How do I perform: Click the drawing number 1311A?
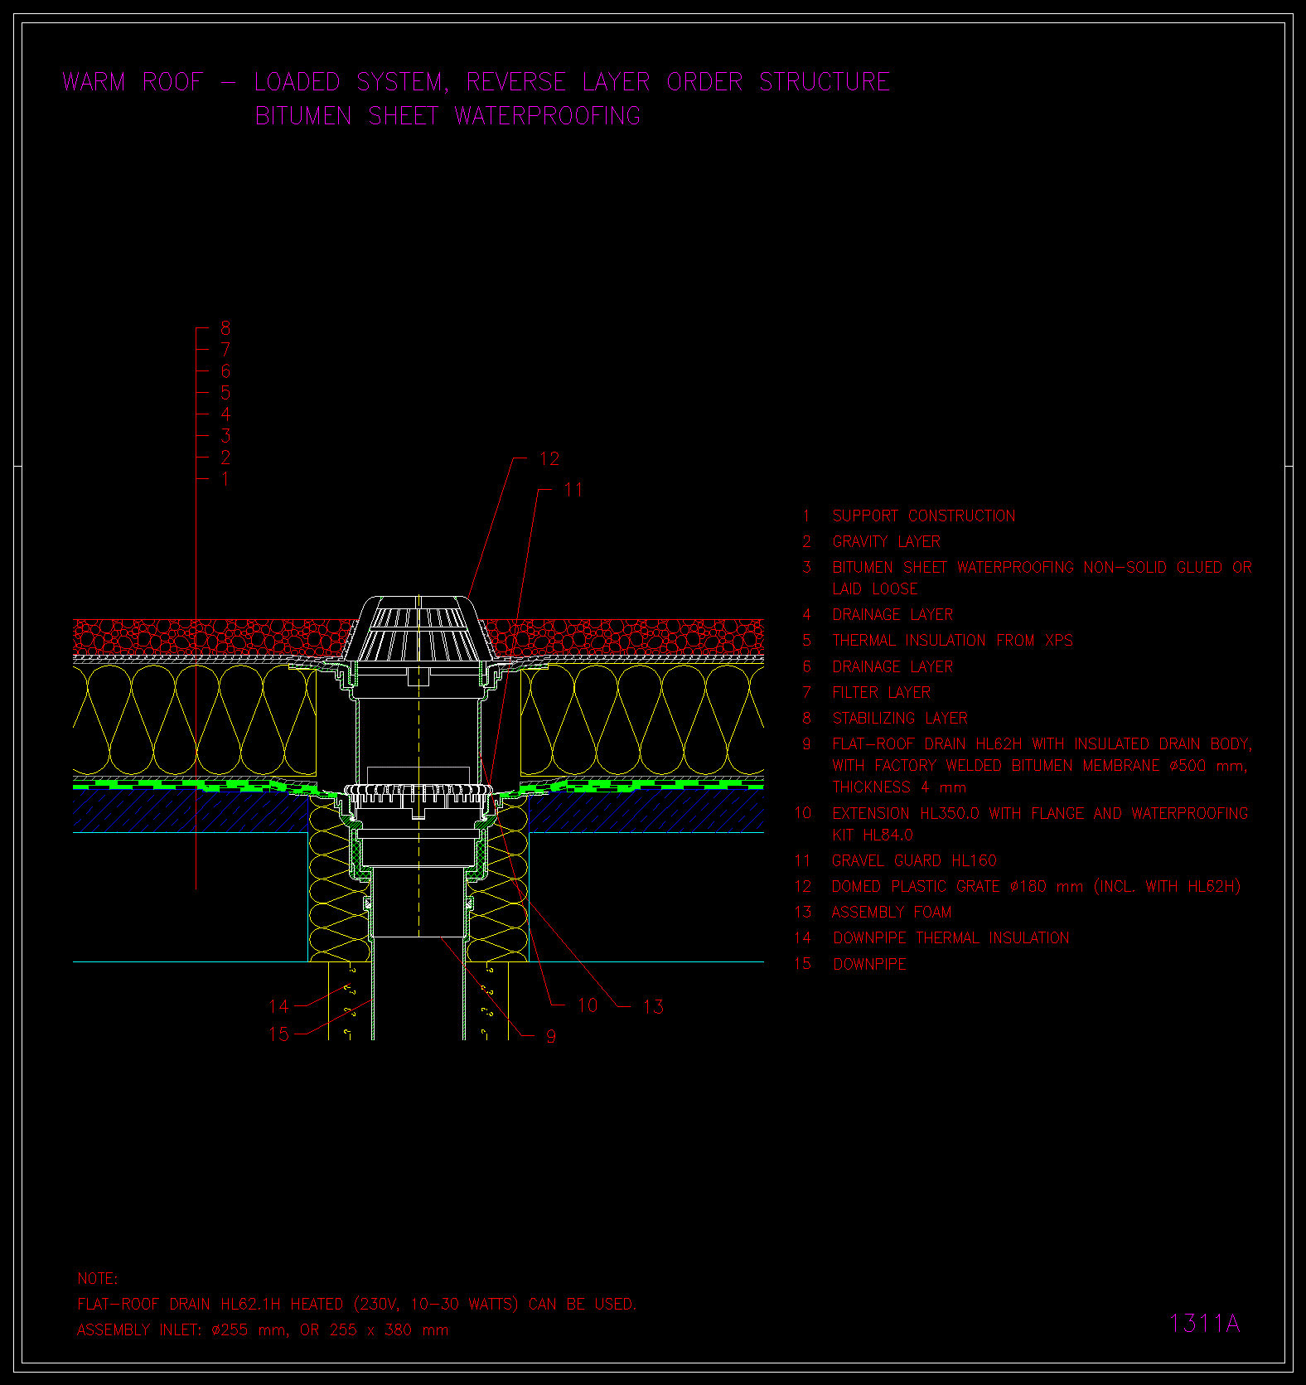tap(1204, 1324)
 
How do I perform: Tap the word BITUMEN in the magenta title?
tap(303, 116)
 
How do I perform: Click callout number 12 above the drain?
tap(549, 459)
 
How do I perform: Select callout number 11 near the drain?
tap(573, 490)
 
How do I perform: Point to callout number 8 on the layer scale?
tap(225, 328)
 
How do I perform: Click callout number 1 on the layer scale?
tap(225, 479)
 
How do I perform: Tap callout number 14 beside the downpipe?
tap(278, 1006)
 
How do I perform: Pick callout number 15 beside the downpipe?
tap(278, 1034)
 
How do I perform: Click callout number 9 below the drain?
tap(551, 1036)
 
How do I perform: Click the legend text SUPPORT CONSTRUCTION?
tap(924, 516)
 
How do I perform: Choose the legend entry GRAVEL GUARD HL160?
tap(914, 861)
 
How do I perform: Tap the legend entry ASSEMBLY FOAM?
tap(892, 913)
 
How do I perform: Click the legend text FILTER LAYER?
tap(882, 693)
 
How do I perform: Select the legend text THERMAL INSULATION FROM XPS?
tap(953, 641)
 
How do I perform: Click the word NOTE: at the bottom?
tap(98, 1279)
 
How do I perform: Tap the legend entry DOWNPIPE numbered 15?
tap(870, 964)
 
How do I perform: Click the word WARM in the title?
tap(94, 82)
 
